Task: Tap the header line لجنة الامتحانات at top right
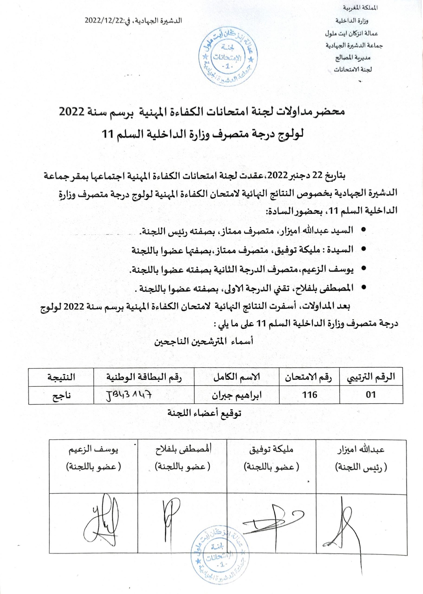pyautogui.click(x=353, y=70)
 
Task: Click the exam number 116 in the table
pyautogui.click(x=310, y=395)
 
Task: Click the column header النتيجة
pyautogui.click(x=61, y=377)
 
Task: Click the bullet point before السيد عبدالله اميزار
pyautogui.click(x=364, y=229)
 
